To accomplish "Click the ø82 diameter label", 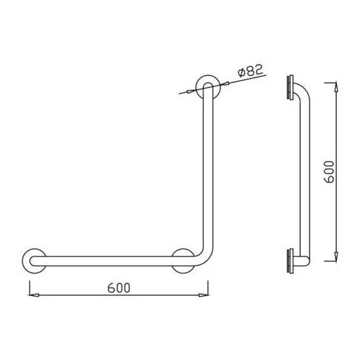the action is coord(250,70).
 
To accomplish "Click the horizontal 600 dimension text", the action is coord(119,288).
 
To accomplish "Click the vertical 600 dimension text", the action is coord(328,172).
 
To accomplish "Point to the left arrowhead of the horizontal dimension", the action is coord(34,295).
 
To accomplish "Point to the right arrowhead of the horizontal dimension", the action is coord(203,295).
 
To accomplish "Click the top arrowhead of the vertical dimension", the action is coord(336,87).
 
